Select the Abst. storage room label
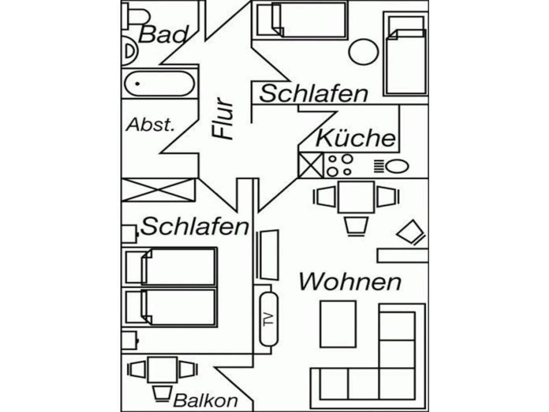point(150,125)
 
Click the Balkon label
point(205,401)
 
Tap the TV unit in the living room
point(268,319)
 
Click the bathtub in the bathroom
point(159,84)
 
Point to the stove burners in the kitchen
point(339,165)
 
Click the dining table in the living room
point(356,197)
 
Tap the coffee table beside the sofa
point(338,324)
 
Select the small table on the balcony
point(162,370)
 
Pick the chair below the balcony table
point(162,394)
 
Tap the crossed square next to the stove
point(310,165)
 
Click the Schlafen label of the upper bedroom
point(314,94)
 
